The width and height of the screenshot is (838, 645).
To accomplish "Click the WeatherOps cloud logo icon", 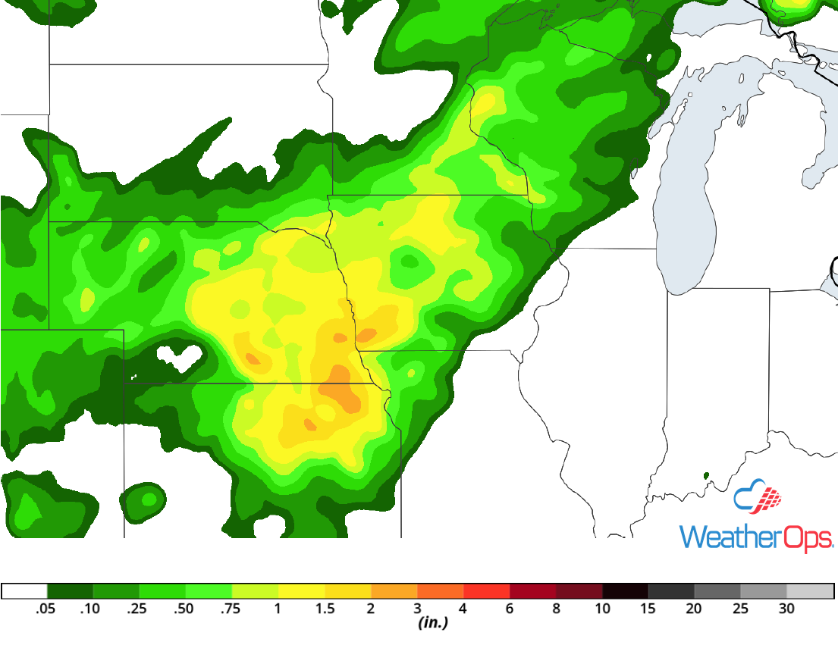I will point(758,497).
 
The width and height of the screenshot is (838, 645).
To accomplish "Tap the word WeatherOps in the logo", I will point(755,537).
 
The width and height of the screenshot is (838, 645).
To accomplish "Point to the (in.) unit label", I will point(433,623).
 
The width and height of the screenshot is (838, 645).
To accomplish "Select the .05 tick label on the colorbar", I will point(47,609).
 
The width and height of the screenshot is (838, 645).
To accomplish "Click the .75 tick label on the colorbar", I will point(231,609).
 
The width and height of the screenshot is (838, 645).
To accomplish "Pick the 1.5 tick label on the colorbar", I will point(325,609).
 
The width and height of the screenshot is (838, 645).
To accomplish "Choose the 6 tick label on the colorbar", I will point(510,609).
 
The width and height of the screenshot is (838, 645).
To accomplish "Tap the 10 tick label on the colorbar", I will point(602,609).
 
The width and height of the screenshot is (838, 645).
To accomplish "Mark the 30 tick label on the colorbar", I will point(786,609).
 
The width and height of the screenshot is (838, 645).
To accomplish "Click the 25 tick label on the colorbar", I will point(740,609).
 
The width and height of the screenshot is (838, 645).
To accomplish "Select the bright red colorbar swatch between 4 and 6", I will point(486,591).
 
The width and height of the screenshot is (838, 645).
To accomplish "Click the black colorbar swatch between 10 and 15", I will point(625,591).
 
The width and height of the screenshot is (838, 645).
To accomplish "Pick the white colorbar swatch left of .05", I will point(24,591).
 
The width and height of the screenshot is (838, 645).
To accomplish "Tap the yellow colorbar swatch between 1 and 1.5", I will point(301,591).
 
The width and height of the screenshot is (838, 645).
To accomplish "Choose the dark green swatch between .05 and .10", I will point(70,591).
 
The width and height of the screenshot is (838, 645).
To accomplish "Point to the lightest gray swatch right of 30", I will point(810,591).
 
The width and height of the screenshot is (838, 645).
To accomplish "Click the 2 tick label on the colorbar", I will point(371,609).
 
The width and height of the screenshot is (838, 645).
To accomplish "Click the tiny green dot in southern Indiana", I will point(707,476).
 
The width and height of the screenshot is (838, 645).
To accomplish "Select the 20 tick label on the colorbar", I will point(694,609).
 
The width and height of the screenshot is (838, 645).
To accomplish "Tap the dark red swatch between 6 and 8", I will point(532,591).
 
